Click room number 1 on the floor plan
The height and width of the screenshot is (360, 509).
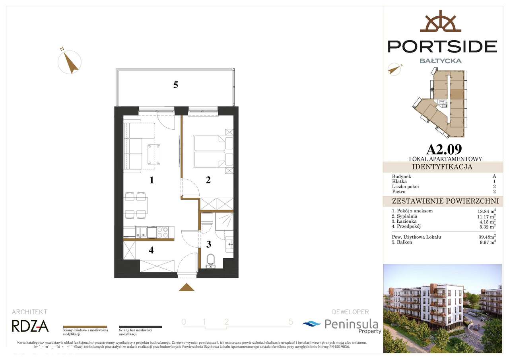pyautogui.click(x=152, y=180)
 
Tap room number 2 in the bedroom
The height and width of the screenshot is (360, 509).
pyautogui.click(x=208, y=180)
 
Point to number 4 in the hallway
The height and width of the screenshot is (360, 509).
pyautogui.click(x=152, y=250)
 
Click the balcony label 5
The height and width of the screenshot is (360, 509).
pyautogui.click(x=175, y=85)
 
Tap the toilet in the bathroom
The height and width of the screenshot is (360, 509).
pyautogui.click(x=211, y=261)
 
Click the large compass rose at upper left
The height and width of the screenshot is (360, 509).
pyautogui.click(x=70, y=62)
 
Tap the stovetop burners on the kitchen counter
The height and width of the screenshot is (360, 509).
pyautogui.click(x=163, y=232)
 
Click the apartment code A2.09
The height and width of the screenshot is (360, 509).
pyautogui.click(x=444, y=149)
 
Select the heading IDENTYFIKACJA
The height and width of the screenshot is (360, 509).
pyautogui.click(x=442, y=167)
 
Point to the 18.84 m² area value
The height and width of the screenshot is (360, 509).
pyautogui.click(x=484, y=211)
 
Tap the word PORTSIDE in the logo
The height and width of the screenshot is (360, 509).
pyautogui.click(x=442, y=46)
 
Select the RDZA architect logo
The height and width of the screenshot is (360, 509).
pyautogui.click(x=30, y=326)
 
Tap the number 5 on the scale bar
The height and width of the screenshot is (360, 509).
pyautogui.click(x=291, y=322)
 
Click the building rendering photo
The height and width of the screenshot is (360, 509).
pyautogui.click(x=442, y=308)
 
